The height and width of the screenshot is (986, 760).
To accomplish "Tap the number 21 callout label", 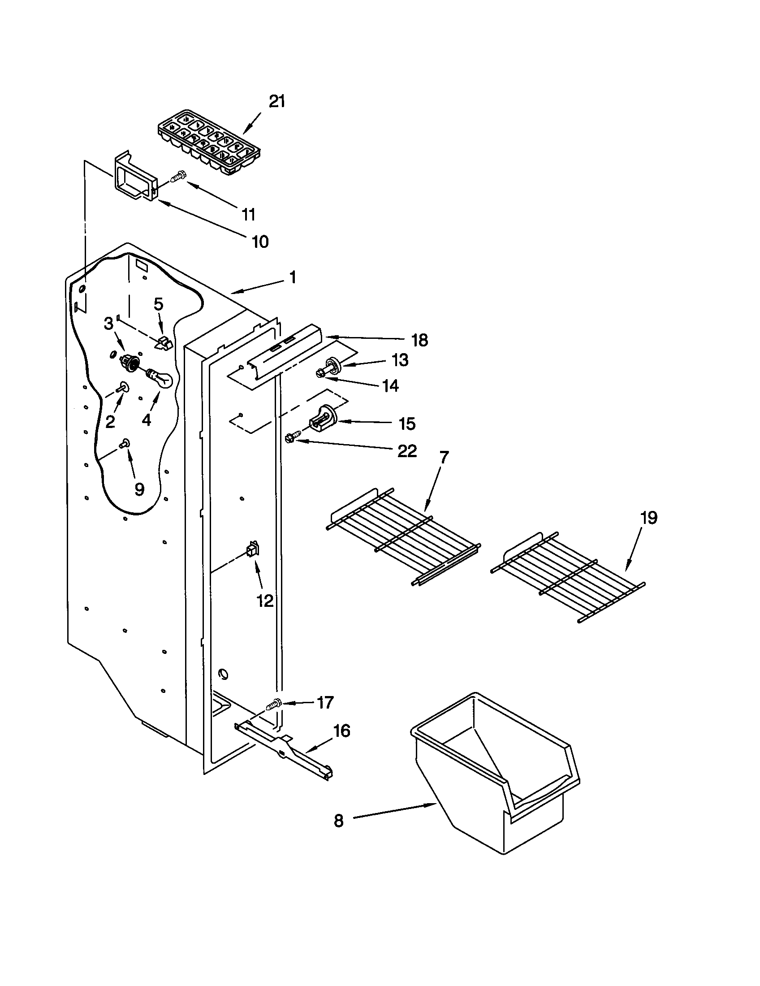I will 276,102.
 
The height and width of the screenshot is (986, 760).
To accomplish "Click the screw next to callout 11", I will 179,177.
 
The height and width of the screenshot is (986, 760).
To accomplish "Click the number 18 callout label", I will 419,341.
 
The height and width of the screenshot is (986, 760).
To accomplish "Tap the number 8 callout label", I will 338,820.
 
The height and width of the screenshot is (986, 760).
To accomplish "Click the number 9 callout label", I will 139,489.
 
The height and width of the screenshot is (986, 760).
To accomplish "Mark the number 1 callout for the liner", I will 293,277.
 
